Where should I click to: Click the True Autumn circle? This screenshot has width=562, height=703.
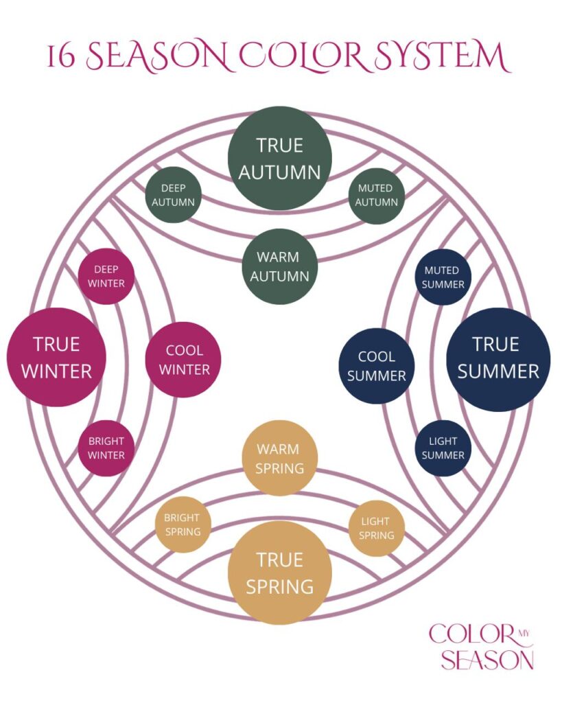(x=280, y=158)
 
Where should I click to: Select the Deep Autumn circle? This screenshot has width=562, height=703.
(x=173, y=194)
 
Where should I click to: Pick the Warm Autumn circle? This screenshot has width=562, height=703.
(x=280, y=266)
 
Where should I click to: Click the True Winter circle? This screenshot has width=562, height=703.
(x=56, y=357)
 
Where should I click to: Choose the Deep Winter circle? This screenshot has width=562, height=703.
(x=106, y=276)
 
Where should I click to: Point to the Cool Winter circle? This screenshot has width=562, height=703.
(x=183, y=359)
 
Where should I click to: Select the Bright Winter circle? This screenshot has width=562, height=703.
(x=106, y=448)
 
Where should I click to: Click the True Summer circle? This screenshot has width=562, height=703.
(x=498, y=358)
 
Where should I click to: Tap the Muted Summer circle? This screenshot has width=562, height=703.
(x=443, y=277)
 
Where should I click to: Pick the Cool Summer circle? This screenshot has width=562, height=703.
(x=377, y=366)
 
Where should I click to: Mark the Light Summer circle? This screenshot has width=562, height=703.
(x=443, y=448)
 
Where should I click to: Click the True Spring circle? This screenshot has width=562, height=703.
(x=280, y=573)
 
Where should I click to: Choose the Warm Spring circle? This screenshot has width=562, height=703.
(x=280, y=458)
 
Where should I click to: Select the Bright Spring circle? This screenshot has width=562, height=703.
(x=182, y=525)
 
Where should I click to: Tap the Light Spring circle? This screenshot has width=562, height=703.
(x=377, y=527)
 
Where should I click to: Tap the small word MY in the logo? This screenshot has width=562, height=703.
(x=524, y=632)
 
